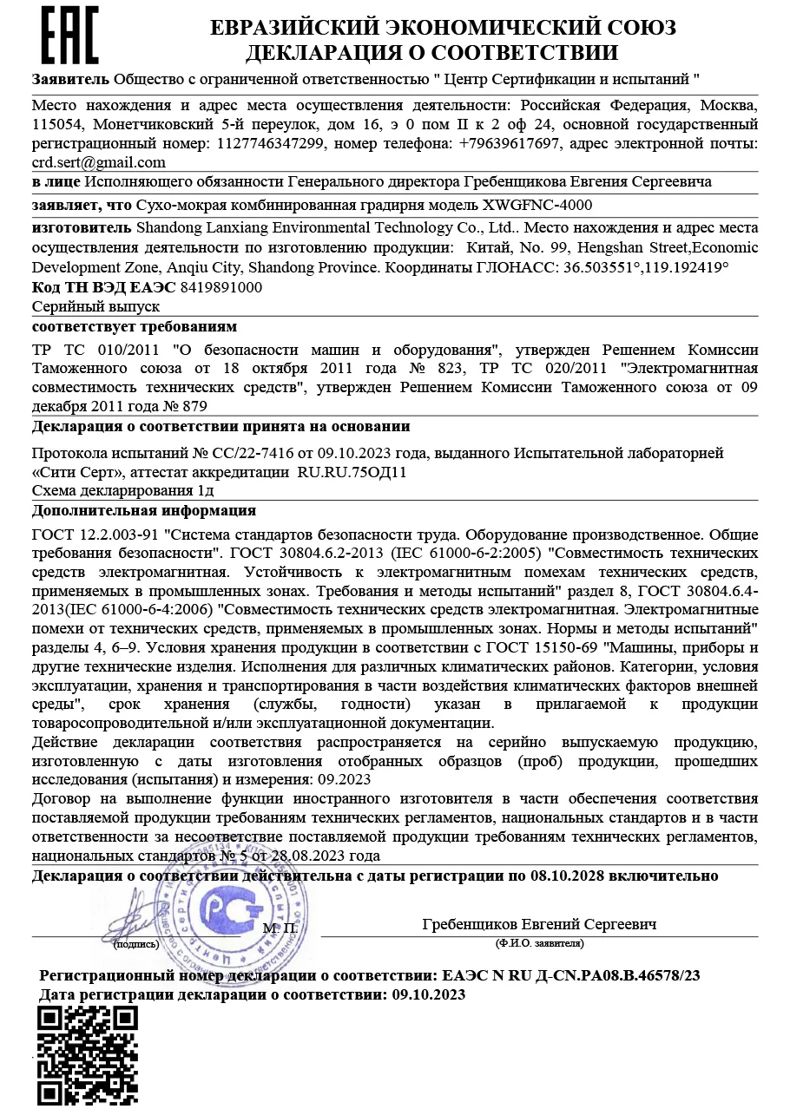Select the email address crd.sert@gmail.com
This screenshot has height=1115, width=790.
click(x=99, y=162)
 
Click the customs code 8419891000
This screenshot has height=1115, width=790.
click(x=221, y=287)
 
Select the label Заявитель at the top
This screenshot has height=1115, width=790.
click(x=71, y=79)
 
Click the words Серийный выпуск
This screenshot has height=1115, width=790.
click(x=95, y=306)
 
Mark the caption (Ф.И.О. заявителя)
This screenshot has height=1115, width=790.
click(x=539, y=942)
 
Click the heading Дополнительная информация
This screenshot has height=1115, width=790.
click(x=144, y=510)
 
